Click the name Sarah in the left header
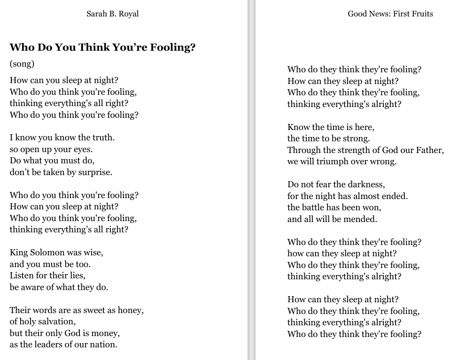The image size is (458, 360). [97, 14]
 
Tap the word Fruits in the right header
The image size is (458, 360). [422, 14]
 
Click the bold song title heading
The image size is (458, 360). [102, 47]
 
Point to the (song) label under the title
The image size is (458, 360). [22, 64]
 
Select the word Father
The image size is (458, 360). [428, 150]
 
